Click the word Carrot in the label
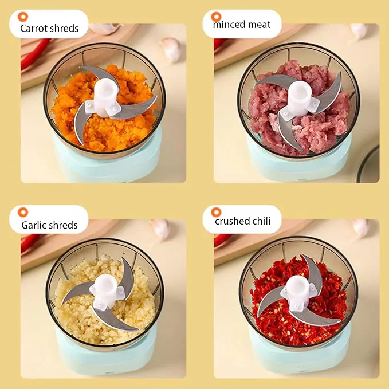click(33, 28)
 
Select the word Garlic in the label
click(33, 225)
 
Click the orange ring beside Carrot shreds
click(23, 17)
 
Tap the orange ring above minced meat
click(216, 17)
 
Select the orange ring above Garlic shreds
click(23, 212)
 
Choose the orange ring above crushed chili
click(216, 212)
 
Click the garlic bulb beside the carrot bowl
click(170, 49)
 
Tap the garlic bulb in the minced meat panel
click(359, 30)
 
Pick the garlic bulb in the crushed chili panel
click(360, 228)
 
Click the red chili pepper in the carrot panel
click(35, 54)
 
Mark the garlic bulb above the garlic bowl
click(160, 229)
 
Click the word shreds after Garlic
click(63, 225)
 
